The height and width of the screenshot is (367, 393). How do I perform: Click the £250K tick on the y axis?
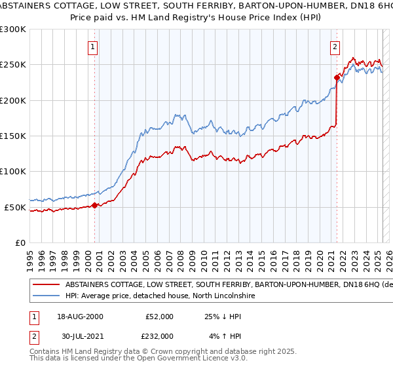13,65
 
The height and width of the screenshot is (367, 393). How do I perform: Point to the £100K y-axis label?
13,172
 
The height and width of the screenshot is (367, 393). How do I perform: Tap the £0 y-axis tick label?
20,243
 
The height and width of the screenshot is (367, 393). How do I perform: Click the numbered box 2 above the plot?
335,47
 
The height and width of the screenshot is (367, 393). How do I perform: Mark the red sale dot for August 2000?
95,205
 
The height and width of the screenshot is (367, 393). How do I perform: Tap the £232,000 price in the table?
159,336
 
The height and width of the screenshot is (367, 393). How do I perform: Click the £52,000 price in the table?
159,317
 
